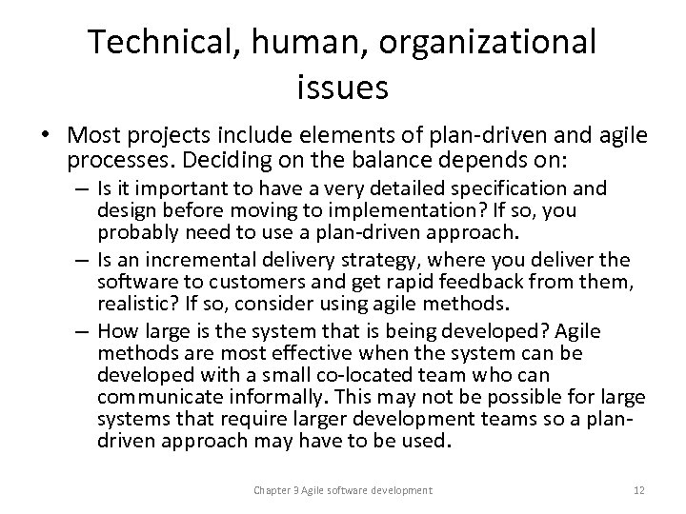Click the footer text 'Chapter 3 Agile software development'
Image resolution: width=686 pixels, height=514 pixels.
[342, 489]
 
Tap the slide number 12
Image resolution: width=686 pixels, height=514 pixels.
[638, 489]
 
